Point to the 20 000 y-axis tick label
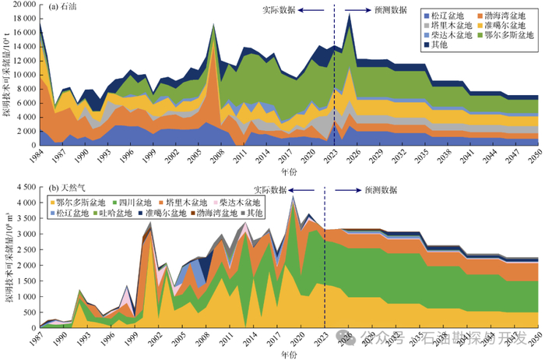[20, 5]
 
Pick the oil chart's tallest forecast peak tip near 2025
[350, 14]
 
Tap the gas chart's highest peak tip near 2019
[293, 196]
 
